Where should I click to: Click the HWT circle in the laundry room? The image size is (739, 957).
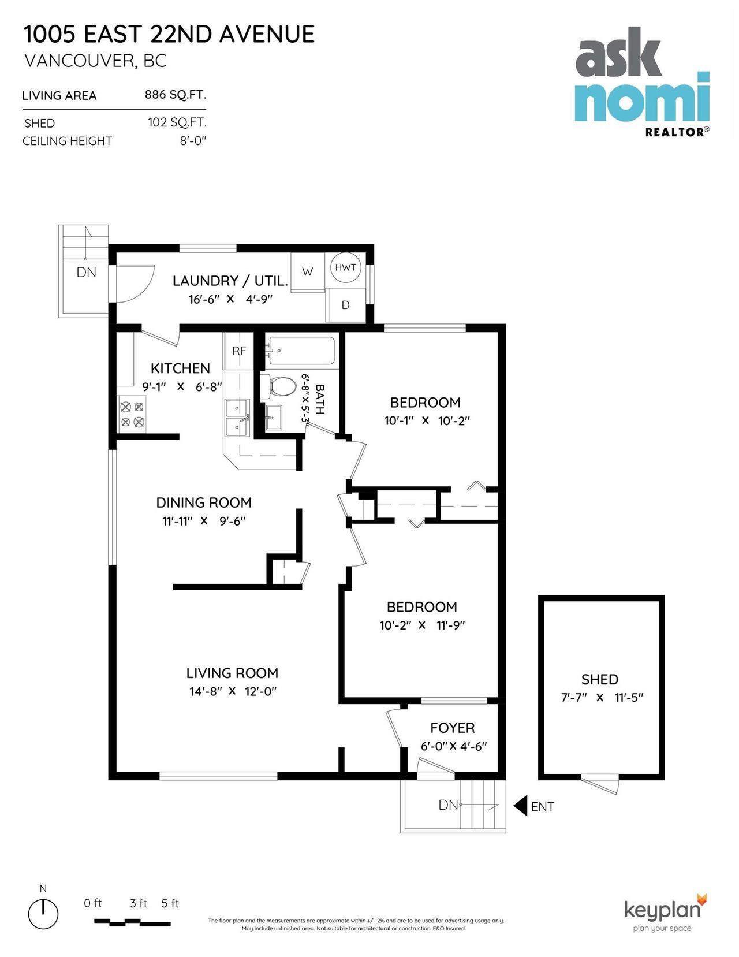click(x=345, y=267)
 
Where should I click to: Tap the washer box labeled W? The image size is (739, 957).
click(x=307, y=271)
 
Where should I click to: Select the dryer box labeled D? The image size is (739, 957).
click(x=345, y=305)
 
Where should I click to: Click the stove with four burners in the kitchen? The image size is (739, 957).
click(x=132, y=414)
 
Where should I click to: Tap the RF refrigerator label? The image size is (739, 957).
click(x=238, y=351)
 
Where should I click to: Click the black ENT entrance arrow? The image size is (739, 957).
click(x=521, y=806)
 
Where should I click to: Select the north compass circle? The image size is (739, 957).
click(x=43, y=914)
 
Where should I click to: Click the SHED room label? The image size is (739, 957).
click(x=599, y=679)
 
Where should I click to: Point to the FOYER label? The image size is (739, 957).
click(x=452, y=728)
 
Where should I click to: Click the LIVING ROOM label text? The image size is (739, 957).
click(x=232, y=673)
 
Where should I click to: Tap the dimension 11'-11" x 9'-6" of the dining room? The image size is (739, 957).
click(x=204, y=521)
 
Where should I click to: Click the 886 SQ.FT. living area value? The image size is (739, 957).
click(x=175, y=95)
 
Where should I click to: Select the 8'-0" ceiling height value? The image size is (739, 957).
click(x=192, y=141)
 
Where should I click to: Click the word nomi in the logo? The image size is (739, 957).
click(x=641, y=98)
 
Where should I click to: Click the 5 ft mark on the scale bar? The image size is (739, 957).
click(x=170, y=903)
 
